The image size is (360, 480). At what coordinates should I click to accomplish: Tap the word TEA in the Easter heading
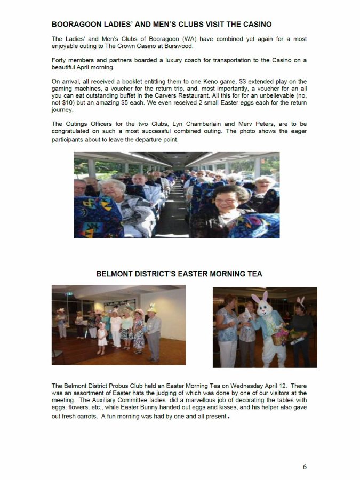[253, 274]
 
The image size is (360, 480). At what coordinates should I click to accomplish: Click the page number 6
[305, 467]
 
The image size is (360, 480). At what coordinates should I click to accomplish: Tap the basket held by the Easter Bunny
[278, 337]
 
